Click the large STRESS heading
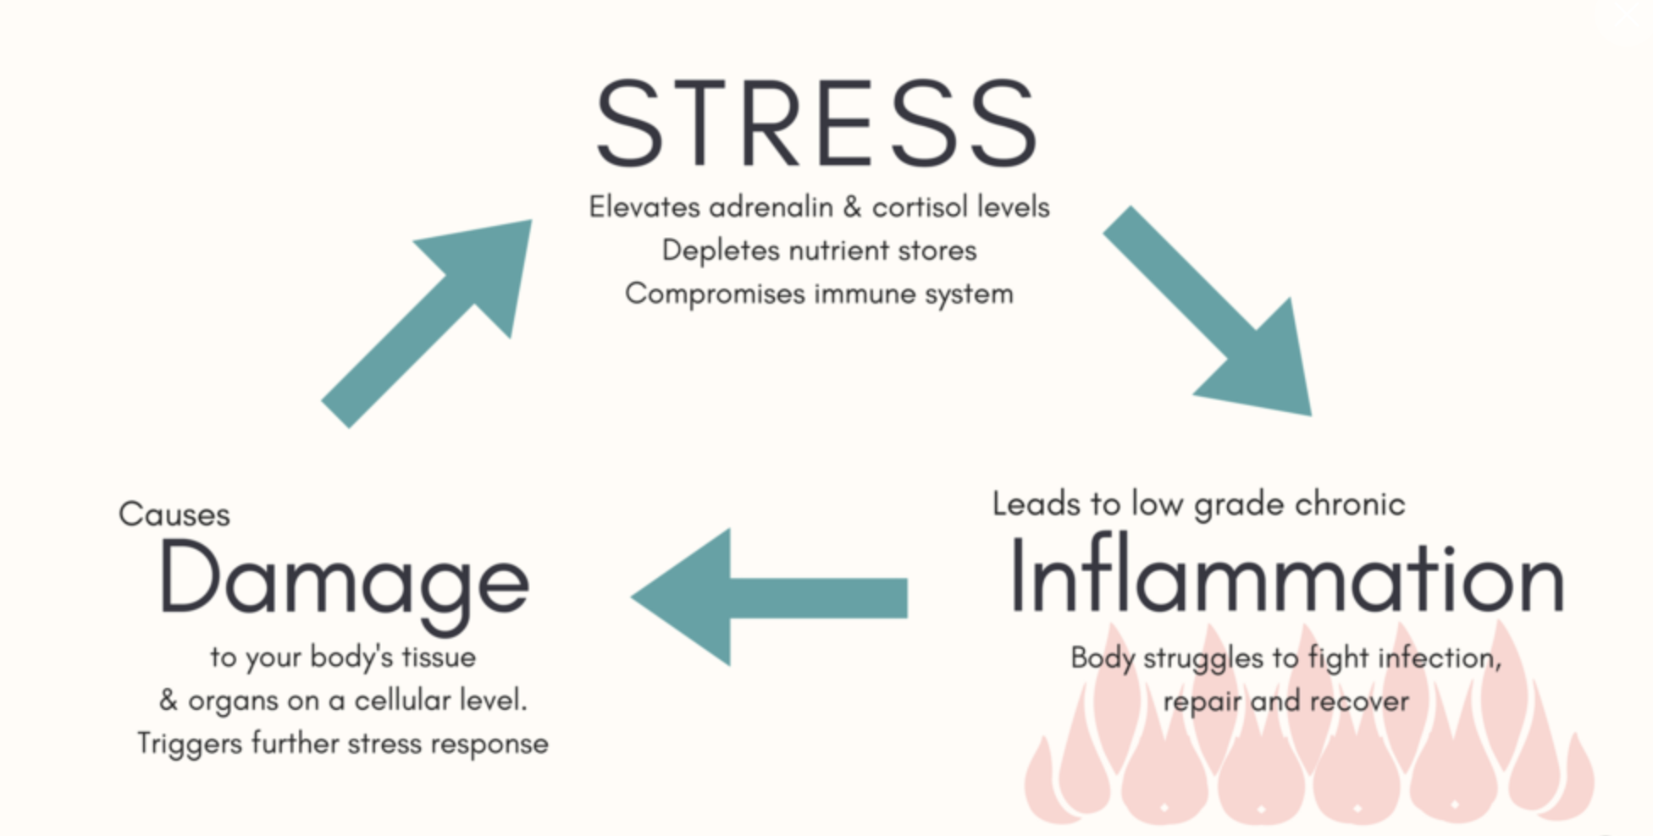[816, 124]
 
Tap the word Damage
[343, 580]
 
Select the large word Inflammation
[1285, 579]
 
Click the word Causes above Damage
[174, 514]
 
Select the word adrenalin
[771, 207]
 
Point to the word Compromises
[715, 294]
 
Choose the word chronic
[1350, 504]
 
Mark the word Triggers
[190, 745]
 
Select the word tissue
[438, 657]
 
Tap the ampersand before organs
[169, 701]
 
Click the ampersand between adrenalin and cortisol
[852, 207]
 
